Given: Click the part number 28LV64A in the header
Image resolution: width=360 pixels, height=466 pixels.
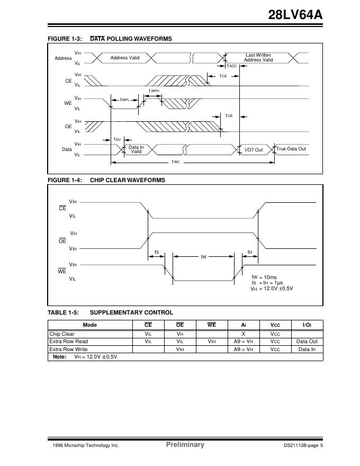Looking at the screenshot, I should pos(295,15).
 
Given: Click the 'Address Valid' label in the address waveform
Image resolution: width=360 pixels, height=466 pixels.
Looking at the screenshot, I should pos(125,58).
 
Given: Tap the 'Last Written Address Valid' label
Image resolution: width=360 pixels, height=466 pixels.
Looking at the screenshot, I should pos(258,58).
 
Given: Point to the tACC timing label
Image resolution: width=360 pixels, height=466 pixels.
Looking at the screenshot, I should pos(232,66).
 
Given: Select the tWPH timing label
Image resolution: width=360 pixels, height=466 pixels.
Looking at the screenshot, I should pos(154,91).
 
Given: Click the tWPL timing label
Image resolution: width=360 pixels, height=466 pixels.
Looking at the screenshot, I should pos(125,100).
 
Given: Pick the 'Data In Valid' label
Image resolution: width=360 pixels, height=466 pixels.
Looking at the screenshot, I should pos(136,149).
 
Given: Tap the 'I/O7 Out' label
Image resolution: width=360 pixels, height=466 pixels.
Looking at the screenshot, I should pos(254,150).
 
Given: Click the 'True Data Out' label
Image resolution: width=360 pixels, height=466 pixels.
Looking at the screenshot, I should pos(291,149).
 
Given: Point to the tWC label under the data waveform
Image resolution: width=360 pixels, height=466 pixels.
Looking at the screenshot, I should pos(176,162).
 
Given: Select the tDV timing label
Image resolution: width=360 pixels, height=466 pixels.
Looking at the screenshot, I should pos(117,139).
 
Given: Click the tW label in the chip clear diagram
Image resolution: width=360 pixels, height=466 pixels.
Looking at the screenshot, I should pos(203,257).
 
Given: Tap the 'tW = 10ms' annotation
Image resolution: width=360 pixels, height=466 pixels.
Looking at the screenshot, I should pos(264,277).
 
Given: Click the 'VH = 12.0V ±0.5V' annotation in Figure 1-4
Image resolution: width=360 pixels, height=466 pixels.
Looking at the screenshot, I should pos(272,288).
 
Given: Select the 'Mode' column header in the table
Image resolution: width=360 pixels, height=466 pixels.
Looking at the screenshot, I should pos(90,325).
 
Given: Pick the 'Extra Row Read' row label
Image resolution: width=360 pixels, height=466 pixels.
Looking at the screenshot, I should pos(69,342).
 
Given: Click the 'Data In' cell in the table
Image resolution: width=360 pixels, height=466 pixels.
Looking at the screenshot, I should pos(307,349).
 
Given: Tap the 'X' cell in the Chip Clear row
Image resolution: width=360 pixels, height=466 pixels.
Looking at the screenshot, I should pos(243,334).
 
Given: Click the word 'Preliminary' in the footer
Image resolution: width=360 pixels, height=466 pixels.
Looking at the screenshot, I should pos(185,445).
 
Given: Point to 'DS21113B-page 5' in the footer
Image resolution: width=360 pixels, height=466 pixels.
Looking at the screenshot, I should pos(303,445).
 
